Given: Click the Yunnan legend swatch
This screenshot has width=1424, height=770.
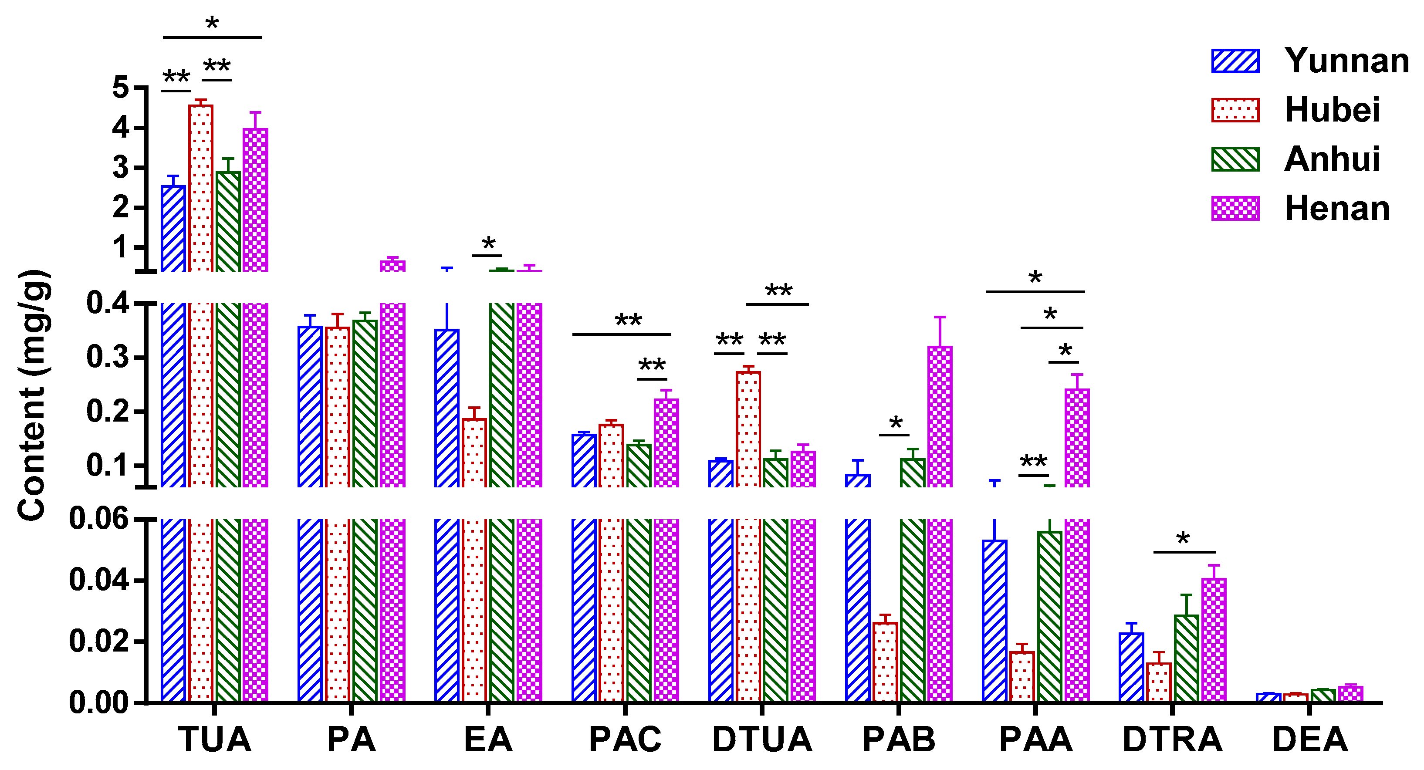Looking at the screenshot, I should (1235, 61).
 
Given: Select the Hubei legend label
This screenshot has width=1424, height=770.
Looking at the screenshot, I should (1332, 110).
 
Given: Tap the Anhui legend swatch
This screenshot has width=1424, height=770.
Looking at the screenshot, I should (1235, 159).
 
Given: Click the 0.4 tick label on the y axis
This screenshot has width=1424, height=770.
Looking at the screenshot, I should (108, 303).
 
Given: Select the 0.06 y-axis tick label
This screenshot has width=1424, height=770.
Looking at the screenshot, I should (99, 519).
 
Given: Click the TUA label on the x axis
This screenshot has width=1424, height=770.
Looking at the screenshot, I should (214, 740).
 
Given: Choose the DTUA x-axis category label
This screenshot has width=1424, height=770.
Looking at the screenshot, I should (762, 740).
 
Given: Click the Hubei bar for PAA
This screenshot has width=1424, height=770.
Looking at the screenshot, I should (1021, 677).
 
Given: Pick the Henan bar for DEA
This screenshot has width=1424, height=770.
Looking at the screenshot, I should (1350, 694).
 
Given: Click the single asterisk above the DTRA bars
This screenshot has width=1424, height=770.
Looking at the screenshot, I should (1183, 538).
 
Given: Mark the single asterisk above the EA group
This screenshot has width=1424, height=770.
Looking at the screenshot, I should (488, 243).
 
